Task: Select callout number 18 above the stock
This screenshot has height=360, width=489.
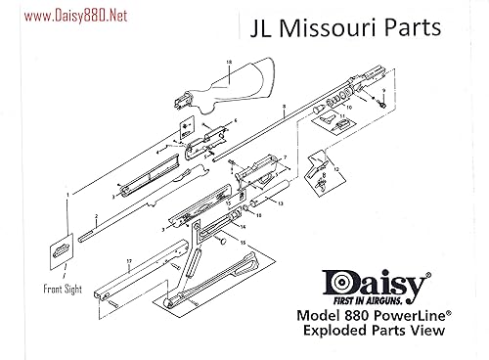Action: click(x=228, y=63)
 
